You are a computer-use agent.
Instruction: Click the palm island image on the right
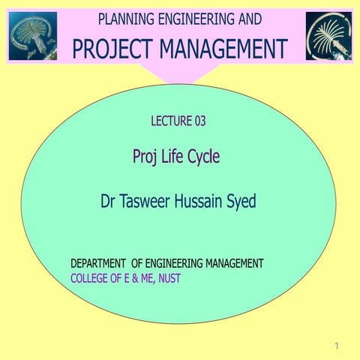[328, 35]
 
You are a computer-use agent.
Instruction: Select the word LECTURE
[169, 120]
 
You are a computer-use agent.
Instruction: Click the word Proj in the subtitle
[144, 157]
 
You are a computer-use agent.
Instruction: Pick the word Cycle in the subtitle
[201, 157]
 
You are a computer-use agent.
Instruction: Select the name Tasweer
[149, 202]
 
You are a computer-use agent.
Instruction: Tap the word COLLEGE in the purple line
[88, 278]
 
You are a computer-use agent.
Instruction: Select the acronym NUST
[168, 278]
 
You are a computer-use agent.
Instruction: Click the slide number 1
[338, 345]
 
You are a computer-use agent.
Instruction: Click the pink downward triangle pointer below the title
[179, 73]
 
